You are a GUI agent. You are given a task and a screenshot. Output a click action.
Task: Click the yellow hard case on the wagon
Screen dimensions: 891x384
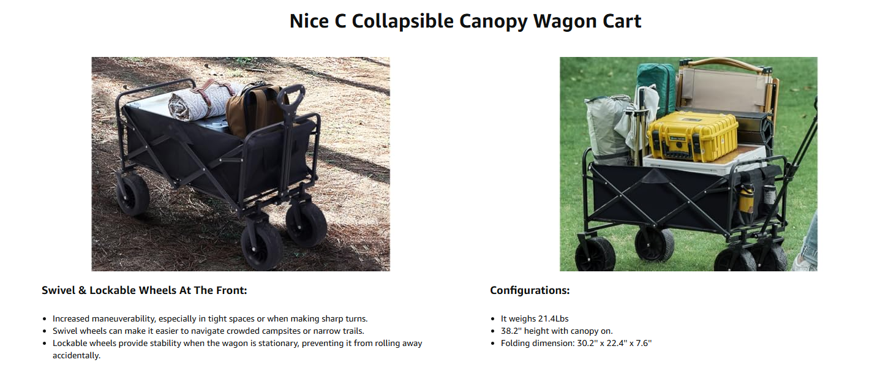693,136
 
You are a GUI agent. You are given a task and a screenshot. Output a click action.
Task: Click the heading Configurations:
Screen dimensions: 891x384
530,290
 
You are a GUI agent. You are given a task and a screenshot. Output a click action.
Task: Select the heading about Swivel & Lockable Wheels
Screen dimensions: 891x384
145,290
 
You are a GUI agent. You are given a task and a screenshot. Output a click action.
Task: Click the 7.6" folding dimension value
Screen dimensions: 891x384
644,344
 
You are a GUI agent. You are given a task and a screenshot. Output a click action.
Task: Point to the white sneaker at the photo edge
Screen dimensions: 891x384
805,263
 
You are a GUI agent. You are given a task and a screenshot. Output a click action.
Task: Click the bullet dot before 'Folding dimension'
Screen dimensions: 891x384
493,344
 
